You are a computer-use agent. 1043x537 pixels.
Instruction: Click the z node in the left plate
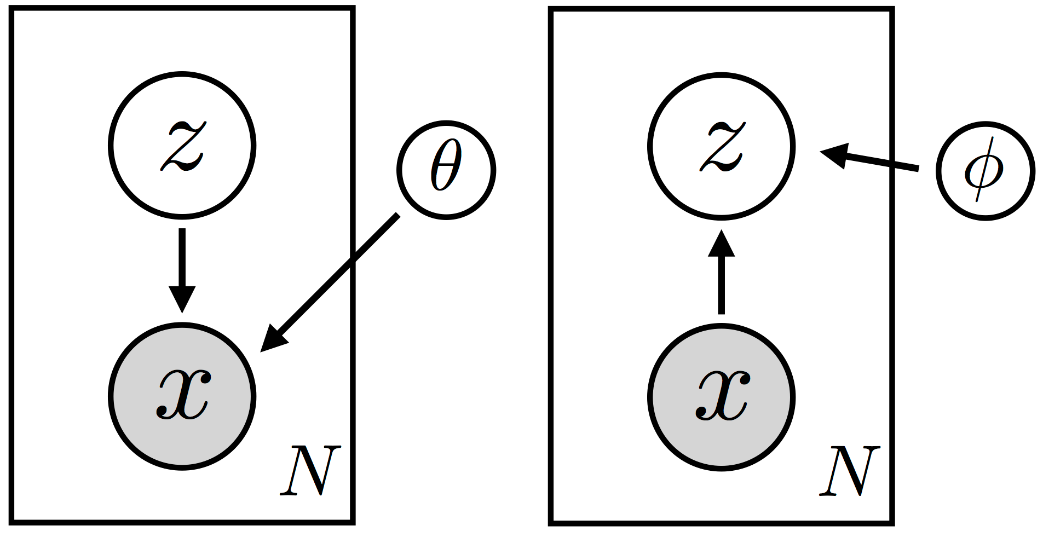(182, 146)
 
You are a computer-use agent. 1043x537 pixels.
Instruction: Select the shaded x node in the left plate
(182, 396)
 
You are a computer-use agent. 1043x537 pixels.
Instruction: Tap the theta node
(446, 170)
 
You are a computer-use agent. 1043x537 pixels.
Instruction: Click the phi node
(985, 171)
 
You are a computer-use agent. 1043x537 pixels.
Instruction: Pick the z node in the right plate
(721, 146)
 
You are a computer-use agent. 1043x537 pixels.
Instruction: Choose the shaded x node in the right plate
(721, 396)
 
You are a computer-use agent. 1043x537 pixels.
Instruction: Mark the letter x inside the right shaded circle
(723, 395)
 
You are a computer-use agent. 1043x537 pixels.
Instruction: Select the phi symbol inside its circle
(984, 171)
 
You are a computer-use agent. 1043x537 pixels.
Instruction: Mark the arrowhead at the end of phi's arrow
(835, 154)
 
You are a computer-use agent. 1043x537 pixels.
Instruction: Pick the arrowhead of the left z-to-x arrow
(182, 298)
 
